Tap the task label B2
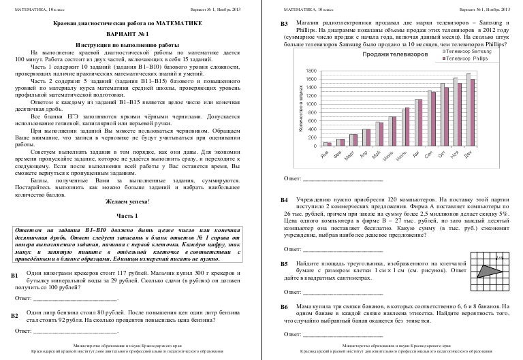tap(14, 316)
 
